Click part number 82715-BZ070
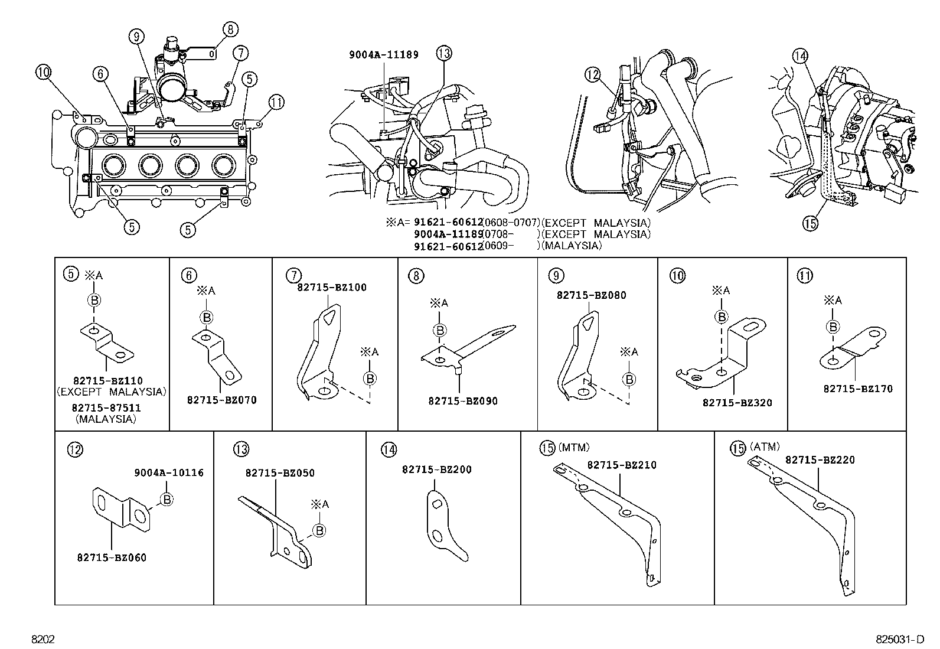(x=221, y=400)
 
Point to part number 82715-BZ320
(x=737, y=403)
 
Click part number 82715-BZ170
(x=858, y=389)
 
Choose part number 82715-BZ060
(x=112, y=557)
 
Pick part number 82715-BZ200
(x=436, y=469)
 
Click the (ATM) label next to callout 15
(x=765, y=446)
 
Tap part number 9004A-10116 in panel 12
(x=169, y=472)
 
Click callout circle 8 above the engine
(x=230, y=30)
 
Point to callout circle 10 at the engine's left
(x=44, y=73)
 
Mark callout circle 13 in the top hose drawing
(x=444, y=54)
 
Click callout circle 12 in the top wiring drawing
(x=592, y=74)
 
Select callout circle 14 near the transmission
(x=799, y=57)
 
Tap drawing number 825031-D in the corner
(x=899, y=640)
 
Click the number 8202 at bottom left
(x=43, y=640)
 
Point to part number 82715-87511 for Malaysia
(x=106, y=407)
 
